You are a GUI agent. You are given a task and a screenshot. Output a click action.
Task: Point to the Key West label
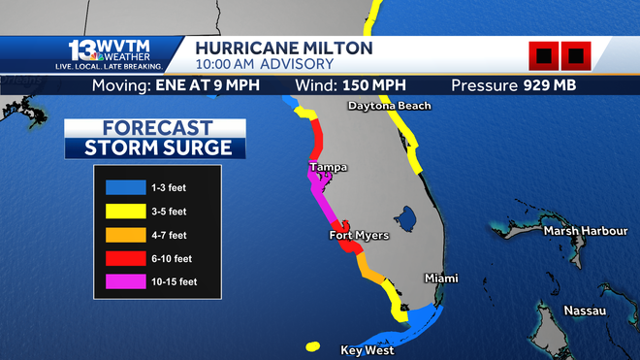(368, 350)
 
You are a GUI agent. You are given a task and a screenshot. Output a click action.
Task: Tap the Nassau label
(586, 311)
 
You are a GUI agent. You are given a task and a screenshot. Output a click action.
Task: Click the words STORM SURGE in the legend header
(158, 147)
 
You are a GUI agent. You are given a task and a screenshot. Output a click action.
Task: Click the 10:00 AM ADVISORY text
(264, 64)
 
